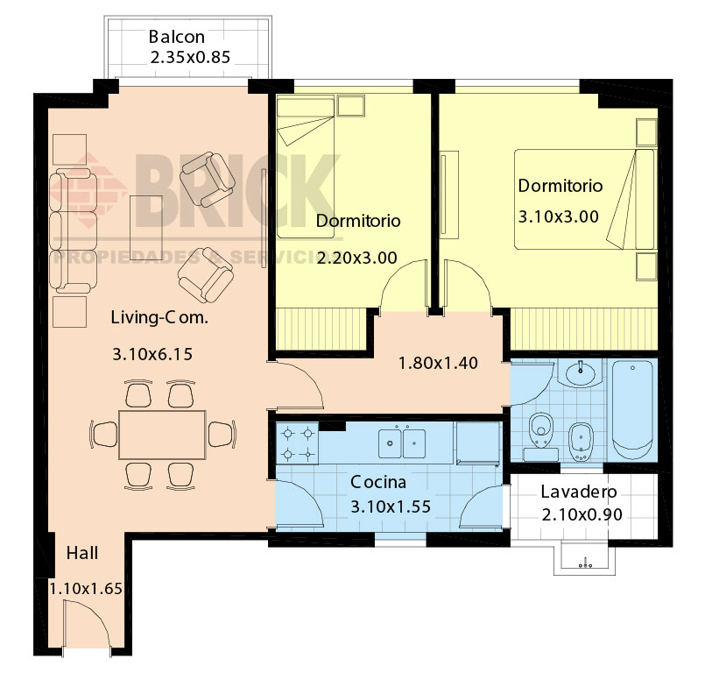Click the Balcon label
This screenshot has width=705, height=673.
pos(177,37)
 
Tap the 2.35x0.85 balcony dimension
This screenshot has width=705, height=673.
pos(190,57)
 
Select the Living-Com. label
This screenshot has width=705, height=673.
pos(159,317)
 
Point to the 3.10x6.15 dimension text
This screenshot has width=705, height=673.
pos(152,354)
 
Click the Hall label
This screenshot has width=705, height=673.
pos(82,553)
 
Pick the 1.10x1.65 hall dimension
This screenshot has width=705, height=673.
pos(86,588)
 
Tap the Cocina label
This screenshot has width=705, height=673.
pos(378,482)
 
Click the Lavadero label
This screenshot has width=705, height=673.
pos(579,492)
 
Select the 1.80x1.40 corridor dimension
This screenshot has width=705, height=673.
pos(439,363)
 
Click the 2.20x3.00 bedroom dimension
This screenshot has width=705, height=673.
pos(357,258)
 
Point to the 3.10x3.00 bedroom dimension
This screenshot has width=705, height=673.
pos(559,216)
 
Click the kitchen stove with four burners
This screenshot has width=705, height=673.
pos(297,443)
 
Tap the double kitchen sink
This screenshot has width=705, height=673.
pos(402,443)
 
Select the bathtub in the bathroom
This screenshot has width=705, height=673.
pos(632,409)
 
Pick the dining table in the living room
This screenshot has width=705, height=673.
pos(162,435)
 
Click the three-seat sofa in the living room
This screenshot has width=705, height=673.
pos(73,231)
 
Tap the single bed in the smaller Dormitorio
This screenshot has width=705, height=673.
pos(306,166)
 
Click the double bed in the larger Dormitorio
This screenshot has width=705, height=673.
pos(584,199)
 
